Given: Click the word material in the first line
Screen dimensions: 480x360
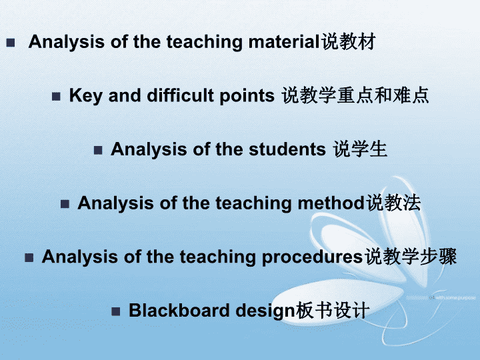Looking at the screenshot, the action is click(284, 42).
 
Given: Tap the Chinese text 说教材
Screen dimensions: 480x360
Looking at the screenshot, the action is click(348, 41).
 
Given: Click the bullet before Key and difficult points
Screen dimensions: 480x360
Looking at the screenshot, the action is click(56, 97).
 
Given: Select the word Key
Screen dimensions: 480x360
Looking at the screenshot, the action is click(85, 96).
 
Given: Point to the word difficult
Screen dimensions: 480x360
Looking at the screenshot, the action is click(180, 95).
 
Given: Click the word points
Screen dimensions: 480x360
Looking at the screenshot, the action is click(247, 97).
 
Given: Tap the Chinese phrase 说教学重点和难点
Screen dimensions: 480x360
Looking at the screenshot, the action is click(355, 95).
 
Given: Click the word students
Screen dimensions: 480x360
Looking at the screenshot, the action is click(287, 149).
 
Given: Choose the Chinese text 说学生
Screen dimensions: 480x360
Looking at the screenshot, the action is click(360, 149).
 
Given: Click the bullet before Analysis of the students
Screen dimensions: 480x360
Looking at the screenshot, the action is click(98, 150).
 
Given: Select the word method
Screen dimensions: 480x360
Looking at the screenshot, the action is click(331, 203).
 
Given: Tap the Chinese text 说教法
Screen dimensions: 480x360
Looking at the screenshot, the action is click(394, 203).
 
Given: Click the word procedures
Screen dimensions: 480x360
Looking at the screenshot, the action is click(312, 257).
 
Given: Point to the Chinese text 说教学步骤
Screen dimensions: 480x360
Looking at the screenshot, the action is click(411, 257).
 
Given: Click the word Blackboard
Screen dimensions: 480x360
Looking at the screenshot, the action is click(179, 311).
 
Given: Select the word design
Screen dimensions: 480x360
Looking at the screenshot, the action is click(265, 311).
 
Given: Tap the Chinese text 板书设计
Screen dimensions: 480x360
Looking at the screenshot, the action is click(333, 311).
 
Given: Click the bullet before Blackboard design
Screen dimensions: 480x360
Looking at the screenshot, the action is click(116, 311).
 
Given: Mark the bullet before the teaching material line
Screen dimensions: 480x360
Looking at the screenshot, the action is click(11, 43).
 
